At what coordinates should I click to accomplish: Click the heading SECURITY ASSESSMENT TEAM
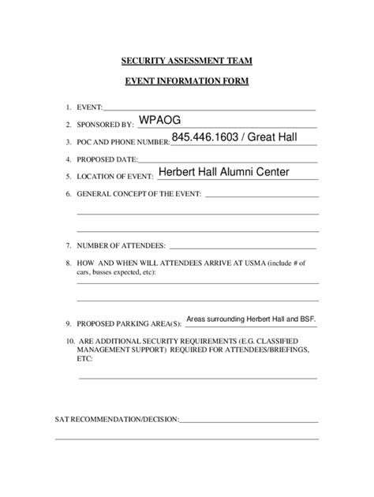(x=186, y=60)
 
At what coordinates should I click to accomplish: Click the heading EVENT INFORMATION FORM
(x=186, y=81)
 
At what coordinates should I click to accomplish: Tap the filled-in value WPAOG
(x=160, y=119)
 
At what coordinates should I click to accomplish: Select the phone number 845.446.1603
(x=204, y=138)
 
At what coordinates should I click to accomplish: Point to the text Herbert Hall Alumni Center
(x=224, y=172)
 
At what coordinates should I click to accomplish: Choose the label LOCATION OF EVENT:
(x=114, y=177)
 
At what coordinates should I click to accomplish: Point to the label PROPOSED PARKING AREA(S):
(x=129, y=323)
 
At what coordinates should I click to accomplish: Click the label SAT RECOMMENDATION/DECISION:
(x=117, y=419)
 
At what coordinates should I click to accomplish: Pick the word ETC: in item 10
(x=85, y=357)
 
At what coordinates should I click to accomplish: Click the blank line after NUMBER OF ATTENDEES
(x=243, y=247)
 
